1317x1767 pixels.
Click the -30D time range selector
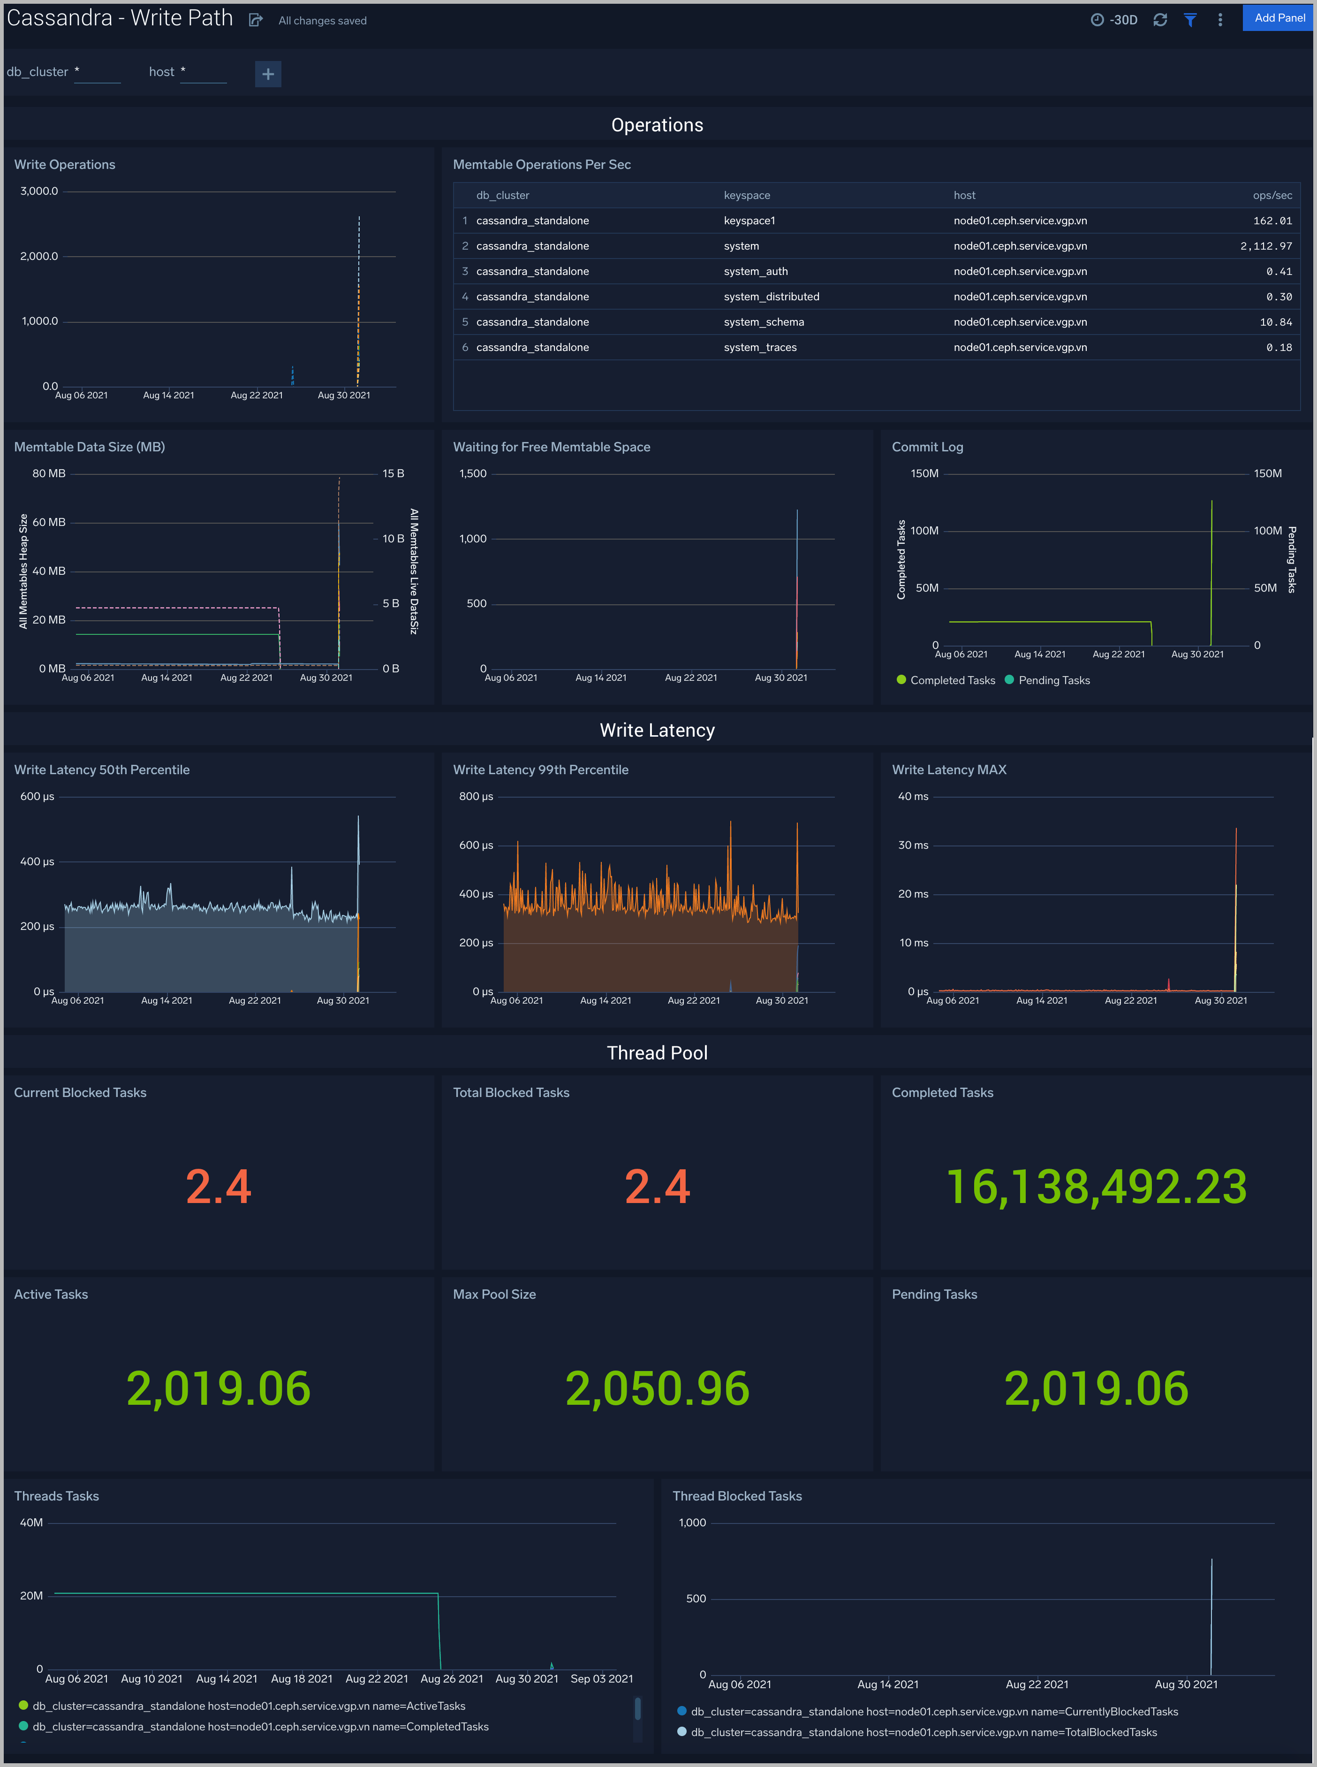coord(1114,20)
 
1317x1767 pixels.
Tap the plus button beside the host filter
coord(268,74)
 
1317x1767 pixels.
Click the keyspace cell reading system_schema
coord(763,322)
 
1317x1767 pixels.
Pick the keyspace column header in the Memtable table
coord(746,195)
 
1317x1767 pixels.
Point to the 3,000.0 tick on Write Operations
coord(39,191)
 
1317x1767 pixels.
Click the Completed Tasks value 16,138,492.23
coord(1096,1187)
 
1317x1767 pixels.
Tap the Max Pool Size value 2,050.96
coord(657,1388)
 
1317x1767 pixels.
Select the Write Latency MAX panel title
coord(949,769)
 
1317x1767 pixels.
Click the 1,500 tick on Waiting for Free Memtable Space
coord(473,473)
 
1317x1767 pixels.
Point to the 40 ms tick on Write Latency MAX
coord(913,797)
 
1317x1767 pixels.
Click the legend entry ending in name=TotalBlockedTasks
coord(923,1732)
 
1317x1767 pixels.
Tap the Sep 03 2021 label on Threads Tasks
coord(601,1678)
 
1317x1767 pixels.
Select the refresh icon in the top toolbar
coord(1160,20)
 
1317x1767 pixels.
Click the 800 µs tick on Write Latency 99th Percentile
coord(476,797)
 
